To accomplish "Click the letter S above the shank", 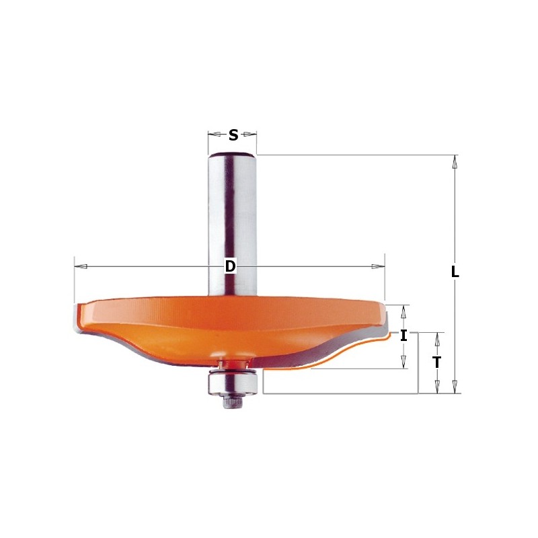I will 233,135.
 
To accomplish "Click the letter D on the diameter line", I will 230,267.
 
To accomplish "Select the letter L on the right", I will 455,272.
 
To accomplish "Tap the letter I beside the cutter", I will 403,336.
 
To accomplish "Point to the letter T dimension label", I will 437,362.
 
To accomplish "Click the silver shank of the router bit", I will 232,215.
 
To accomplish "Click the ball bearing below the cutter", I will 232,381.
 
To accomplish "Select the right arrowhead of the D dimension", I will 377,267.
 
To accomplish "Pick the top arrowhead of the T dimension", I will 437,339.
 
